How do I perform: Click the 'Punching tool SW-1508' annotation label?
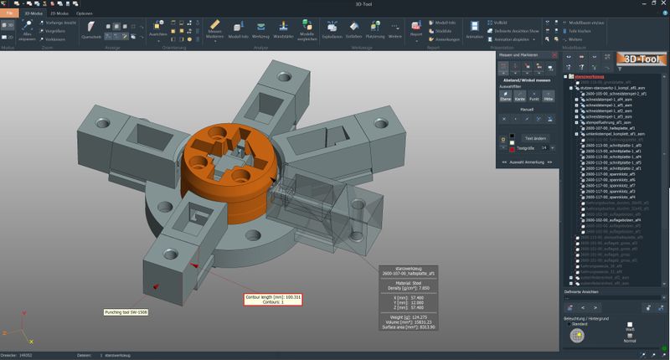[126, 312]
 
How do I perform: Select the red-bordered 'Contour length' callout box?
[273, 299]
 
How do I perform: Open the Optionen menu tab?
[85, 14]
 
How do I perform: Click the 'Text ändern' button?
[534, 137]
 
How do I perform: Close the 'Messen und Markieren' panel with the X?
[554, 55]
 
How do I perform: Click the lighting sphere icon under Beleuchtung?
[576, 336]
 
